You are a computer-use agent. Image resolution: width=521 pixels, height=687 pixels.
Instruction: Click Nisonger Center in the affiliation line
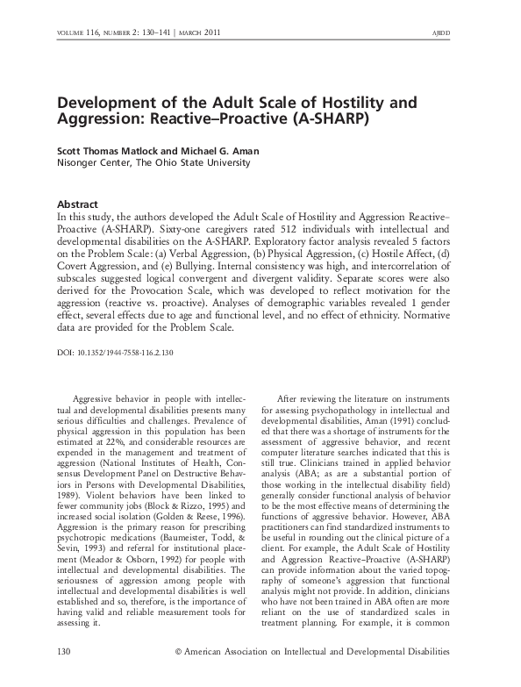click(94, 162)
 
